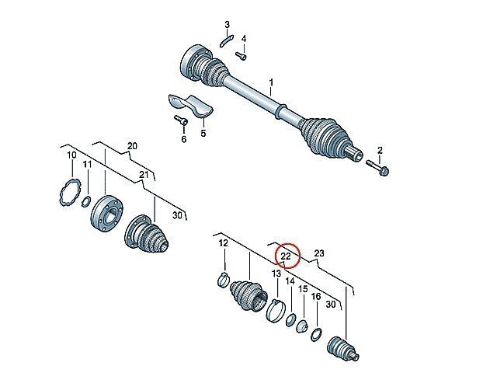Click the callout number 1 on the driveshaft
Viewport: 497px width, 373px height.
tap(271, 83)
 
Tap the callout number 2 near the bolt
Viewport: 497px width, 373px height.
tap(380, 150)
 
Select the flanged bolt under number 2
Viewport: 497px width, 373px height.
tap(378, 168)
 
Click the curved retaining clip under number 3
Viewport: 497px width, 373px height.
tap(227, 41)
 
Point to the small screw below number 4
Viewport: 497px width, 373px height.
tap(241, 56)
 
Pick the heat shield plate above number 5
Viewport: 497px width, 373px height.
tap(190, 105)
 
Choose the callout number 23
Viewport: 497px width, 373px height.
tap(319, 253)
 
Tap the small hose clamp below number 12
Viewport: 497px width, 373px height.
tap(224, 280)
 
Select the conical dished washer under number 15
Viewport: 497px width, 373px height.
tap(302, 326)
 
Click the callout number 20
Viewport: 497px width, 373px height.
tap(132, 146)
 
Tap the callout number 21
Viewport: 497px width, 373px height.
tap(144, 174)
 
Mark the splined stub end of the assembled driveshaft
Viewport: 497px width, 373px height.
tap(354, 155)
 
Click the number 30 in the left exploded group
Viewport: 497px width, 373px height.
tap(178, 215)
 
